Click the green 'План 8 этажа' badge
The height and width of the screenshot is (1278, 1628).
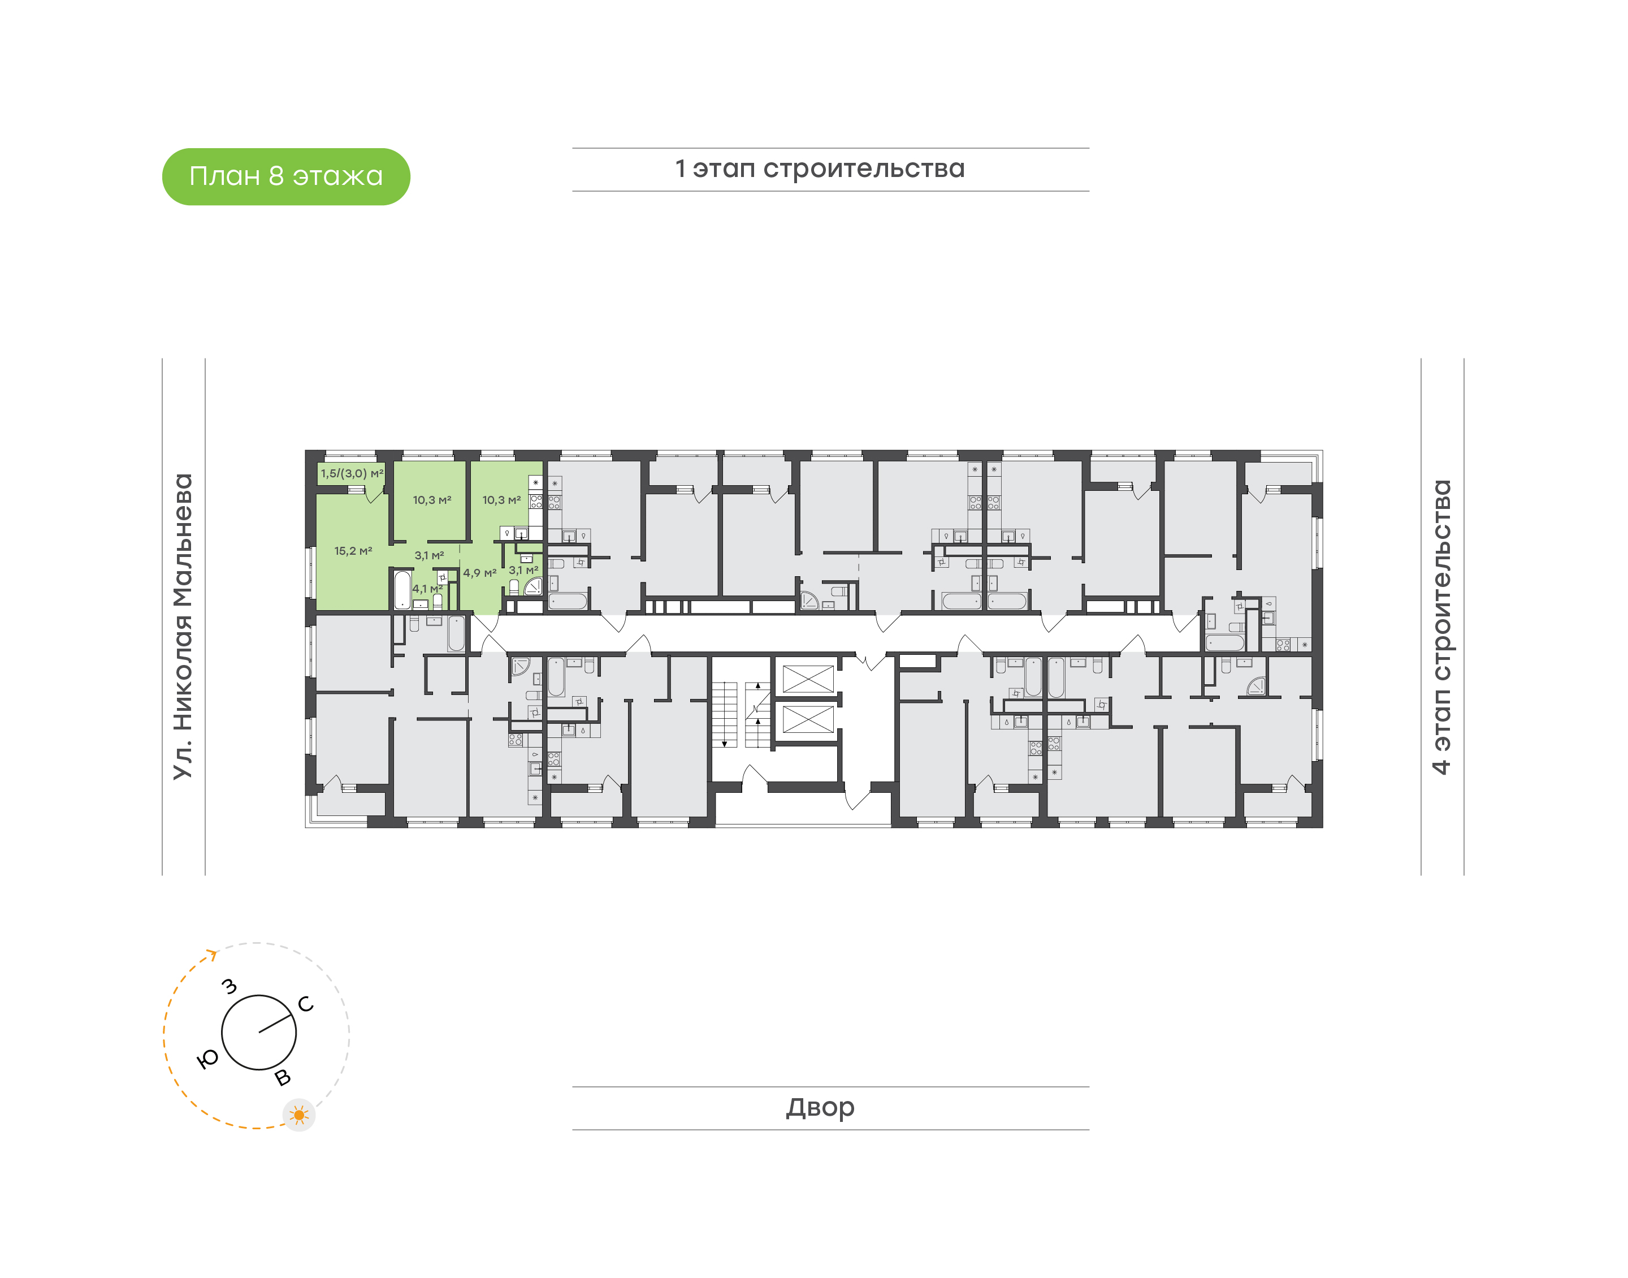[x=285, y=176]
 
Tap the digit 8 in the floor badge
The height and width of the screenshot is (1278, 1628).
[x=276, y=176]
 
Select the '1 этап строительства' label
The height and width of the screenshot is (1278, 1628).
[x=820, y=169]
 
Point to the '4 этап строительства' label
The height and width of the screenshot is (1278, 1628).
[x=1440, y=627]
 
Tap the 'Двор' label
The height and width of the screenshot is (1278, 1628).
[x=820, y=1107]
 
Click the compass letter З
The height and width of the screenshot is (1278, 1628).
[x=230, y=986]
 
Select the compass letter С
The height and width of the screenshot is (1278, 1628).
[x=306, y=1004]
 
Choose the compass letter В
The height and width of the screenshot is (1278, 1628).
[x=283, y=1077]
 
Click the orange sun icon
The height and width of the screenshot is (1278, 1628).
[x=299, y=1116]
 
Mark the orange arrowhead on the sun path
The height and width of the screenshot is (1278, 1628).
[x=213, y=954]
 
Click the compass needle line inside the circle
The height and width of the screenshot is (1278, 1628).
[x=275, y=1024]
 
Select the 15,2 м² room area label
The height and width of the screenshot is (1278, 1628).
[x=353, y=551]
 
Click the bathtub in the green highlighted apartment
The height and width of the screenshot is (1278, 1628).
[x=402, y=590]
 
